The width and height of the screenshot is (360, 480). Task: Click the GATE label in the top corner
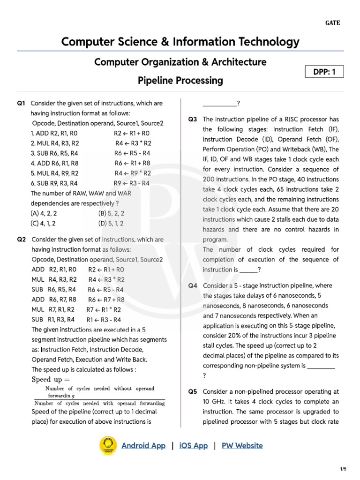(x=333, y=23)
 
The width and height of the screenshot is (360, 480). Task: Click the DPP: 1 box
(x=324, y=72)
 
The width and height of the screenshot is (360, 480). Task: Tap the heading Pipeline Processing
(x=180, y=81)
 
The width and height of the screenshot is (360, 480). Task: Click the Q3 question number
(x=193, y=119)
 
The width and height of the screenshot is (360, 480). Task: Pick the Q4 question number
(x=193, y=285)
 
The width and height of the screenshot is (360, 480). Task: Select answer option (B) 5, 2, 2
(x=112, y=213)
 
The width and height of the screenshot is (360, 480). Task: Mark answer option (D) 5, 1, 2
(x=112, y=223)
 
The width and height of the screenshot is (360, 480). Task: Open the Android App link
(x=143, y=446)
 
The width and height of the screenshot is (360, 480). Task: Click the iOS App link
(x=193, y=446)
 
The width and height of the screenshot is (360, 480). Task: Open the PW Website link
(x=242, y=446)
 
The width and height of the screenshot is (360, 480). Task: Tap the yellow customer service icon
(x=108, y=445)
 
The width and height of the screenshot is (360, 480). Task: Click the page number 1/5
(x=343, y=469)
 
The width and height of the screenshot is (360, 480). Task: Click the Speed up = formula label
(x=50, y=379)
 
